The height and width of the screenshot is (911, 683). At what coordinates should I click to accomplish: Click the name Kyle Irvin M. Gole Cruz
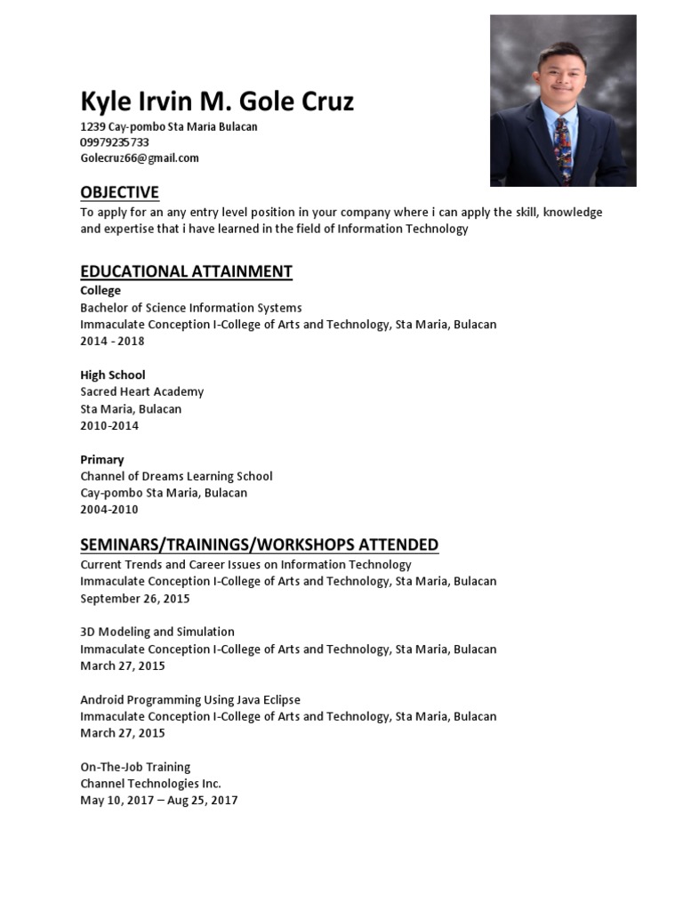pyautogui.click(x=217, y=102)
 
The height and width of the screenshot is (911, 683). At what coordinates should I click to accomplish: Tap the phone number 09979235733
pyautogui.click(x=115, y=142)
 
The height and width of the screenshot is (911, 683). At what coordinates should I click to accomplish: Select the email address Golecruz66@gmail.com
pyautogui.click(x=140, y=158)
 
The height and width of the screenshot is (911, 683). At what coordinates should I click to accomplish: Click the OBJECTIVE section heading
pyautogui.click(x=119, y=192)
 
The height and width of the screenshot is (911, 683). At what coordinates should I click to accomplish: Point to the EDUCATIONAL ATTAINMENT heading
pyautogui.click(x=186, y=271)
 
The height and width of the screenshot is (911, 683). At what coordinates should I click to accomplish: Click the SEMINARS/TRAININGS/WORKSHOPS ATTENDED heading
pyautogui.click(x=259, y=544)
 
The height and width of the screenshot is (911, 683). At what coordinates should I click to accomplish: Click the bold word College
pyautogui.click(x=100, y=291)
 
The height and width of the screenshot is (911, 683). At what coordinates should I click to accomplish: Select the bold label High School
pyautogui.click(x=113, y=375)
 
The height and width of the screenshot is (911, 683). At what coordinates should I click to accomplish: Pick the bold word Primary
pyautogui.click(x=102, y=460)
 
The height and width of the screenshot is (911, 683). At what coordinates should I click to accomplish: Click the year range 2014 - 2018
pyautogui.click(x=112, y=341)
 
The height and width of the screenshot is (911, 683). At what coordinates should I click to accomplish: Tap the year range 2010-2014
pyautogui.click(x=109, y=425)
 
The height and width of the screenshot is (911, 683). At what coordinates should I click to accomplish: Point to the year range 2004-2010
pyautogui.click(x=109, y=510)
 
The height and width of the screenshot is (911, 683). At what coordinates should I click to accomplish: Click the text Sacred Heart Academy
pyautogui.click(x=142, y=391)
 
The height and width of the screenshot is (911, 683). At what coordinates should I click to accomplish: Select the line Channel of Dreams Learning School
pyautogui.click(x=176, y=476)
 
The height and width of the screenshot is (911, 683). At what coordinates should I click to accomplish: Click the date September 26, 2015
pyautogui.click(x=135, y=599)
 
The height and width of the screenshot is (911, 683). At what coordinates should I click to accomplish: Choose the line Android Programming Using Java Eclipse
pyautogui.click(x=190, y=700)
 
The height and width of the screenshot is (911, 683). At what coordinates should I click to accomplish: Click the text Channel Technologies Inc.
pyautogui.click(x=150, y=784)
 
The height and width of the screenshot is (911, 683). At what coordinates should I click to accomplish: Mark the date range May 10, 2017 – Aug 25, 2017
pyautogui.click(x=159, y=801)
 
